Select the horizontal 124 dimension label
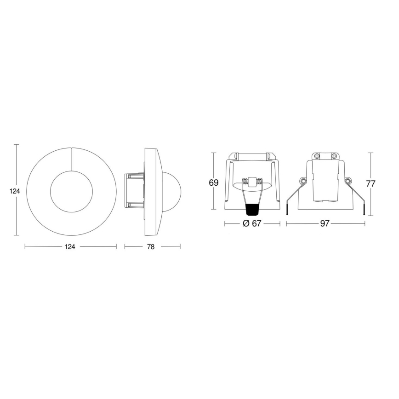click(70, 247)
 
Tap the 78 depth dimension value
click(150, 247)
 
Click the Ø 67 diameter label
click(251, 223)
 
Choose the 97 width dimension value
click(325, 223)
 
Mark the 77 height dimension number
click(371, 183)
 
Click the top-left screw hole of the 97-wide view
click(316, 156)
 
